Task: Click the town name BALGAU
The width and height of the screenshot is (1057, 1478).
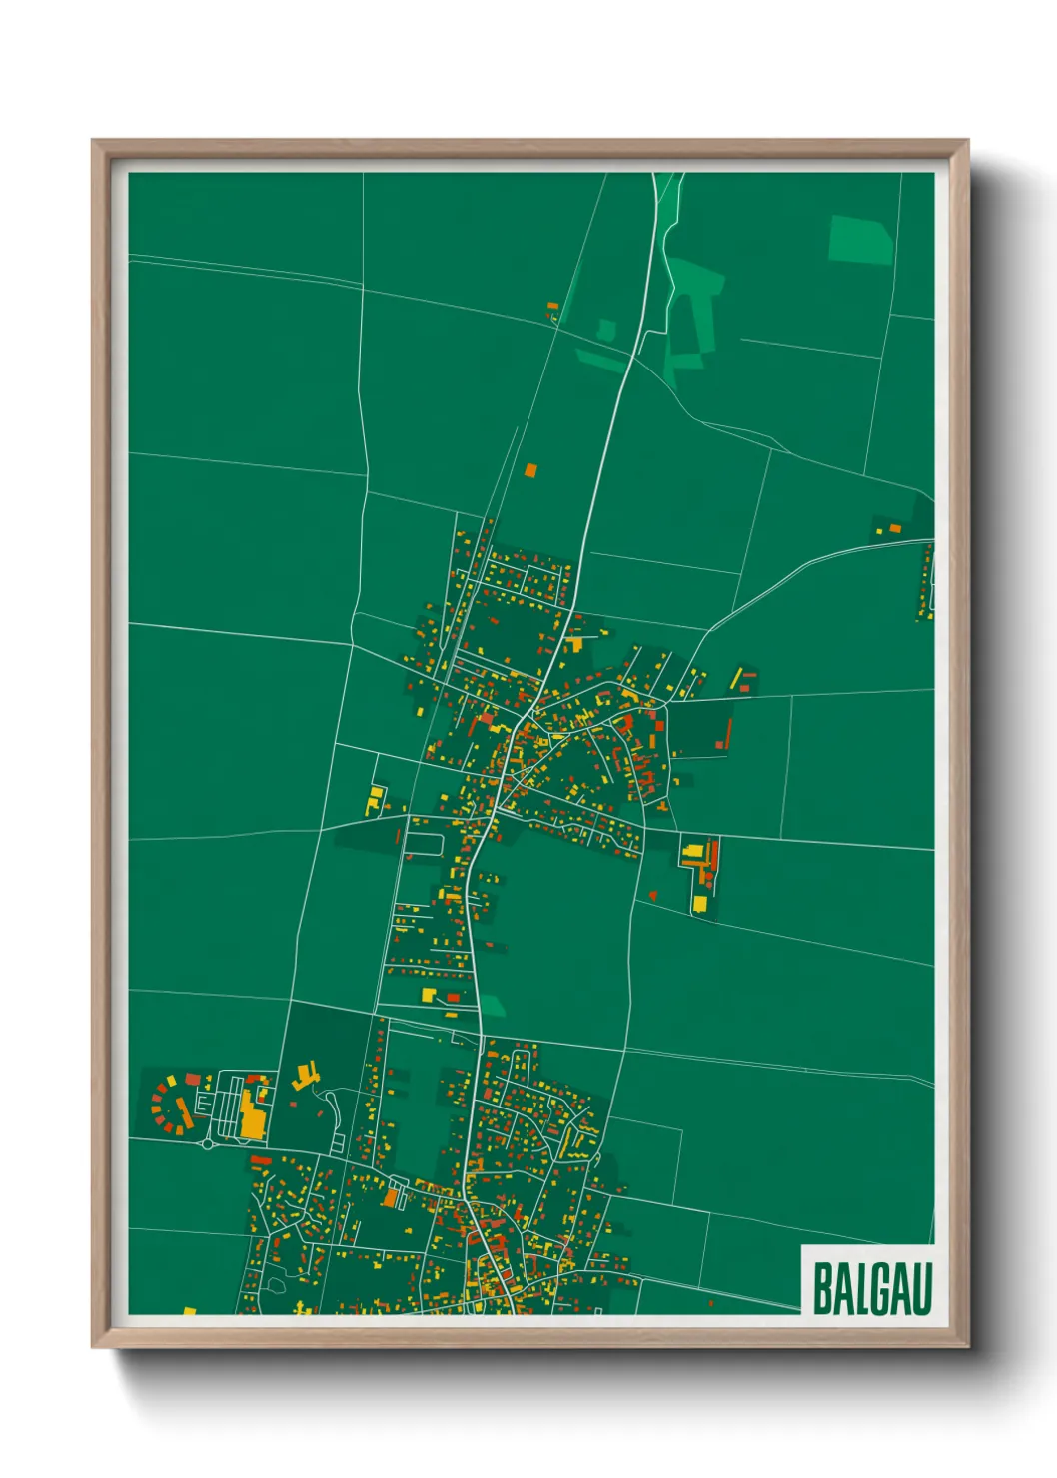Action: click(x=871, y=1288)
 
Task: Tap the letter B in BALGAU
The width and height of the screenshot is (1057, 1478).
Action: click(x=822, y=1289)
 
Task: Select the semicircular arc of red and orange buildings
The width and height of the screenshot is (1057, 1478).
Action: click(x=166, y=1104)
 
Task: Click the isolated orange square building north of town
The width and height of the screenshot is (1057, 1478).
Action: click(x=530, y=468)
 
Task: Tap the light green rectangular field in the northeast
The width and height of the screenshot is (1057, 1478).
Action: click(x=860, y=240)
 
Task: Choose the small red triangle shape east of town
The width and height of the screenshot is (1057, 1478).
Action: click(x=652, y=895)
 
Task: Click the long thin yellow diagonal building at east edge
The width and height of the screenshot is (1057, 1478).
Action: click(x=736, y=678)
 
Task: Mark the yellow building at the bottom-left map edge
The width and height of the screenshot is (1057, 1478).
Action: click(x=189, y=1310)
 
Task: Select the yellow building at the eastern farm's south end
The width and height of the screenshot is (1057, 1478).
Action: click(x=700, y=904)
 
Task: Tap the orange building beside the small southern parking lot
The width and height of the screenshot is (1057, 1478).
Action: click(x=392, y=1196)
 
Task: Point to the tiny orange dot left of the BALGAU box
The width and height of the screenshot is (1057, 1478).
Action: click(x=710, y=1303)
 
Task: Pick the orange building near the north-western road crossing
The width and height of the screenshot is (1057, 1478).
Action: click(x=551, y=306)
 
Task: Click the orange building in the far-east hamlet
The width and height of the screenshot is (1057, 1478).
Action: click(x=895, y=527)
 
